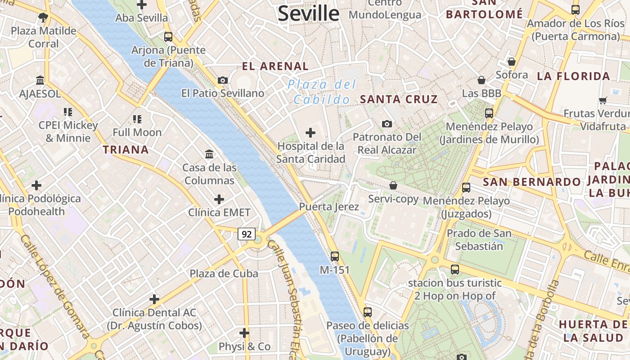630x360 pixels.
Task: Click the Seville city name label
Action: (308, 13)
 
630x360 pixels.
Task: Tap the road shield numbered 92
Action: (247, 234)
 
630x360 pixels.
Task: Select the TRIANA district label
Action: (126, 150)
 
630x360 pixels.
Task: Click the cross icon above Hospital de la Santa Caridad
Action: (310, 133)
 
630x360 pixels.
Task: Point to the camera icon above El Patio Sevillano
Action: (222, 81)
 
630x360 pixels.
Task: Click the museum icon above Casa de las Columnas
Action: (209, 154)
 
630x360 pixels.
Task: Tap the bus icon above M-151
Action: (334, 256)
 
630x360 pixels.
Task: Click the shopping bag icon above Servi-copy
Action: (393, 185)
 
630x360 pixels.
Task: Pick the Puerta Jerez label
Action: (329, 207)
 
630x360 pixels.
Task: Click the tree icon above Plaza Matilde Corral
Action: (43, 18)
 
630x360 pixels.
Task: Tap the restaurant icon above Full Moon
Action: (137, 119)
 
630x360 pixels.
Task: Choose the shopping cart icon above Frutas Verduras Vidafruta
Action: (603, 100)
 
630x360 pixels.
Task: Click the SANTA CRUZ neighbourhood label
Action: (399, 99)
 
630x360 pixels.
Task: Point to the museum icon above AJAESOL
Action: (40, 81)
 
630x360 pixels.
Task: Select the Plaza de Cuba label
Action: (224, 274)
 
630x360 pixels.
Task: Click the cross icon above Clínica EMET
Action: (219, 199)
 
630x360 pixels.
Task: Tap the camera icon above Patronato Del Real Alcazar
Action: (387, 124)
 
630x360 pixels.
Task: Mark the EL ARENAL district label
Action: (275, 67)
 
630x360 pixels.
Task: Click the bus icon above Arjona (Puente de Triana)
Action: (168, 37)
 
